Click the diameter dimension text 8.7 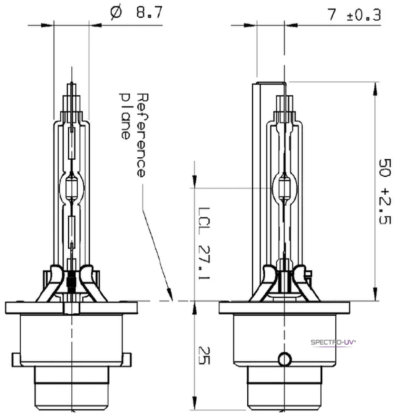click(149, 14)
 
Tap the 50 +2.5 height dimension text click(385, 191)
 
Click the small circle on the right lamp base click(285, 359)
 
